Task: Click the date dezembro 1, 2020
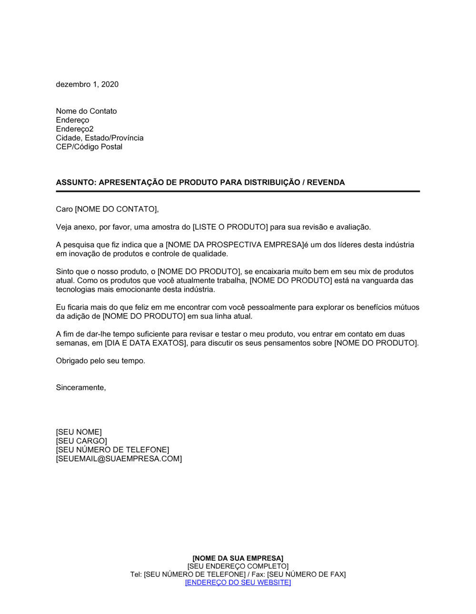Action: [87, 84]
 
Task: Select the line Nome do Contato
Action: [86, 111]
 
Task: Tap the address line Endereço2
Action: [75, 129]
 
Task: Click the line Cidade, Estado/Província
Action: [99, 138]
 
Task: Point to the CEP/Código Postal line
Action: [89, 147]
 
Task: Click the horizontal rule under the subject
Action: [238, 191]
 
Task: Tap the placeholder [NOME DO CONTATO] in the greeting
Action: [116, 209]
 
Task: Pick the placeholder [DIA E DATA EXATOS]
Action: [145, 343]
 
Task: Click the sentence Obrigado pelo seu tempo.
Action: [100, 361]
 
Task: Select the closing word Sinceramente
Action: [80, 387]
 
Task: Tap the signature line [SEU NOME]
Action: [79, 432]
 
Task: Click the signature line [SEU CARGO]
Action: [81, 441]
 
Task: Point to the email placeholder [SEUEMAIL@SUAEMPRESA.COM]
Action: [119, 459]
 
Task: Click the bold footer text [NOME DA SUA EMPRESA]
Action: [238, 558]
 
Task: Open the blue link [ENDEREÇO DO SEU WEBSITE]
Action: [238, 582]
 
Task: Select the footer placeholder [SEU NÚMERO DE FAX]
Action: [306, 574]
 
